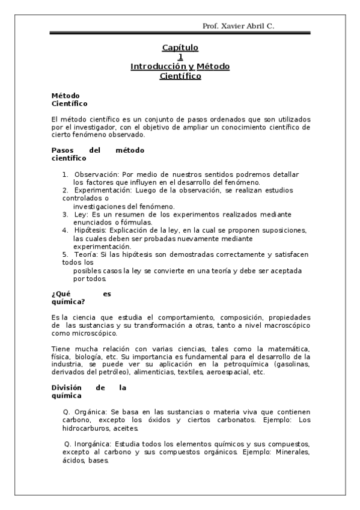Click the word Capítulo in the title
[180, 48]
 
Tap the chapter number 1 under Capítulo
[180, 57]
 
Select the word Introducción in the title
[158, 67]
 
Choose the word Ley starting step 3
[80, 214]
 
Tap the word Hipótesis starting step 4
[91, 230]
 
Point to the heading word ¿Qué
[63, 294]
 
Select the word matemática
[288, 349]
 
